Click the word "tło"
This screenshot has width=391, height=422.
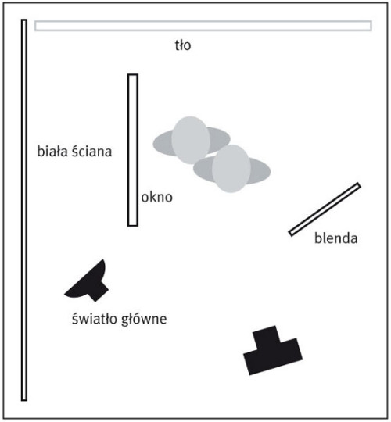(x=183, y=45)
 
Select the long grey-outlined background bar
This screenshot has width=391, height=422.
(x=203, y=26)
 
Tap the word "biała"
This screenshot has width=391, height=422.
(x=52, y=151)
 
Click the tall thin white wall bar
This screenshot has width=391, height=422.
(x=24, y=210)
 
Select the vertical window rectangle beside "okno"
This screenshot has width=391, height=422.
(x=133, y=150)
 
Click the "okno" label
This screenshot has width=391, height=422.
(x=156, y=197)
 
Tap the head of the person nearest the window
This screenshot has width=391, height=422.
(x=191, y=140)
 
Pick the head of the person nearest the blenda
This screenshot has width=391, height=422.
(x=231, y=169)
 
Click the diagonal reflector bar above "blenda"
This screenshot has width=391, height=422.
(x=325, y=209)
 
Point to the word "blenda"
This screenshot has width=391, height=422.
(x=336, y=238)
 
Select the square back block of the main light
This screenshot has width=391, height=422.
(x=98, y=290)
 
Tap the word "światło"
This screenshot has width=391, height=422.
(x=95, y=319)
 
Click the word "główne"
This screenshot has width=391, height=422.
(x=144, y=319)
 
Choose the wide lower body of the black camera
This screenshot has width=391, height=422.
(x=273, y=357)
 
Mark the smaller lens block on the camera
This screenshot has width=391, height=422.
(x=267, y=338)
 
